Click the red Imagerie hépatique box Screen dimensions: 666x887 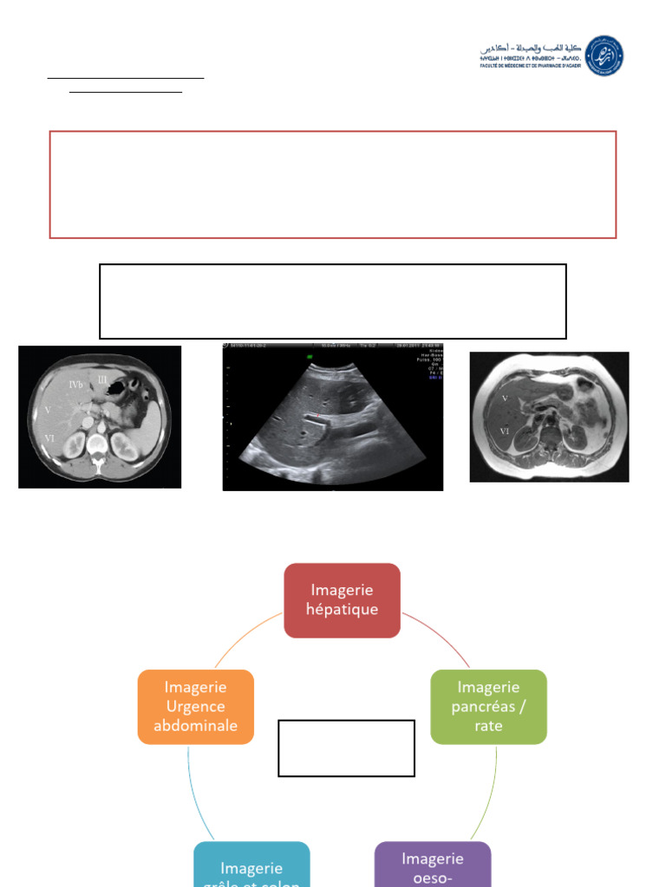[342, 600]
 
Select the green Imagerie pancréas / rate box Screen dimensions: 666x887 [488, 706]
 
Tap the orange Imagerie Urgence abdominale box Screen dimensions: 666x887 [195, 706]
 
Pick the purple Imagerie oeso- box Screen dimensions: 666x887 [433, 864]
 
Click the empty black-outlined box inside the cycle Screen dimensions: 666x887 [346, 748]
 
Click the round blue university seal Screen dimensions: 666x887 [604, 55]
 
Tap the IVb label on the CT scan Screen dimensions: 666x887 [75, 384]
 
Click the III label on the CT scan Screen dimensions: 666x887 [102, 379]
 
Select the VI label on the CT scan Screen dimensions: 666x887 [49, 439]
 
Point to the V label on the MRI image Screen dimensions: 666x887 [505, 399]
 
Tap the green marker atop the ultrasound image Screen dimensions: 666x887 [309, 354]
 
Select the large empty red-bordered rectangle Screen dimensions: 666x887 [333, 185]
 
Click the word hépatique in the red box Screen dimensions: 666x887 [342, 609]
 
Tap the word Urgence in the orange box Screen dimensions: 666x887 [195, 706]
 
